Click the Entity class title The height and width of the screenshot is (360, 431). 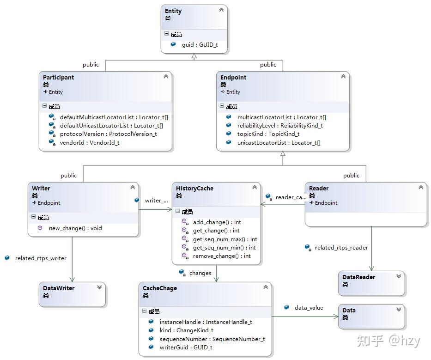173,11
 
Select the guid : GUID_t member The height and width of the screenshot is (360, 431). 200,44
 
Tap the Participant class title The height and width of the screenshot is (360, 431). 59,77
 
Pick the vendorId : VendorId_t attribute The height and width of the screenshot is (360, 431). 90,142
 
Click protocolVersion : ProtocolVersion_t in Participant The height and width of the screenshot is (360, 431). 108,134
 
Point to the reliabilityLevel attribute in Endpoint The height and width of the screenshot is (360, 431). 280,125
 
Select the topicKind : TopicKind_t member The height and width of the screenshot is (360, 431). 268,134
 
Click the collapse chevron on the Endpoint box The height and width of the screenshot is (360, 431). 343,76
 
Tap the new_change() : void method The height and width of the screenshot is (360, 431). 75,228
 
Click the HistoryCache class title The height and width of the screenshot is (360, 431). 194,189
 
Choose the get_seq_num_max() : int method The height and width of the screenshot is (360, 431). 225,239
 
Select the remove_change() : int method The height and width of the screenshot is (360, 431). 222,256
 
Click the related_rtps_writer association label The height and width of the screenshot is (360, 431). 41,258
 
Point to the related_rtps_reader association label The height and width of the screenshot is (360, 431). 341,248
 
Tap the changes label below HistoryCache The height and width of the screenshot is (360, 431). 200,273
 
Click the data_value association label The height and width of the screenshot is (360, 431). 309,307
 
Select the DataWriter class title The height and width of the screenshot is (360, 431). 59,288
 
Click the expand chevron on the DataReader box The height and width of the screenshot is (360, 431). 399,276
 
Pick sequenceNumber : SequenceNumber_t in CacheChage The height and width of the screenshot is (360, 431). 212,339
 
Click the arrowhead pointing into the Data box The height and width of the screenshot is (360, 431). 336,317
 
